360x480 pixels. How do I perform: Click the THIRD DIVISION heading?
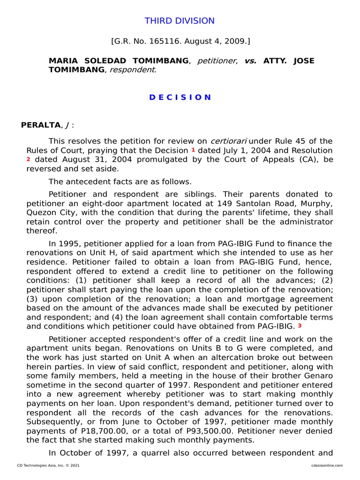pos(180,21)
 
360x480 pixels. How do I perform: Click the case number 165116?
pos(162,41)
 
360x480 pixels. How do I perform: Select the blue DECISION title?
pos(180,97)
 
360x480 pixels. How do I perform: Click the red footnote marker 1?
pos(193,150)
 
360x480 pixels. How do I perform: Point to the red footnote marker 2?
pos(28,159)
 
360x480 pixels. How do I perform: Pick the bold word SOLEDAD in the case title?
pos(101,61)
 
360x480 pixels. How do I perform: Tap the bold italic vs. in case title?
pos(250,61)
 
